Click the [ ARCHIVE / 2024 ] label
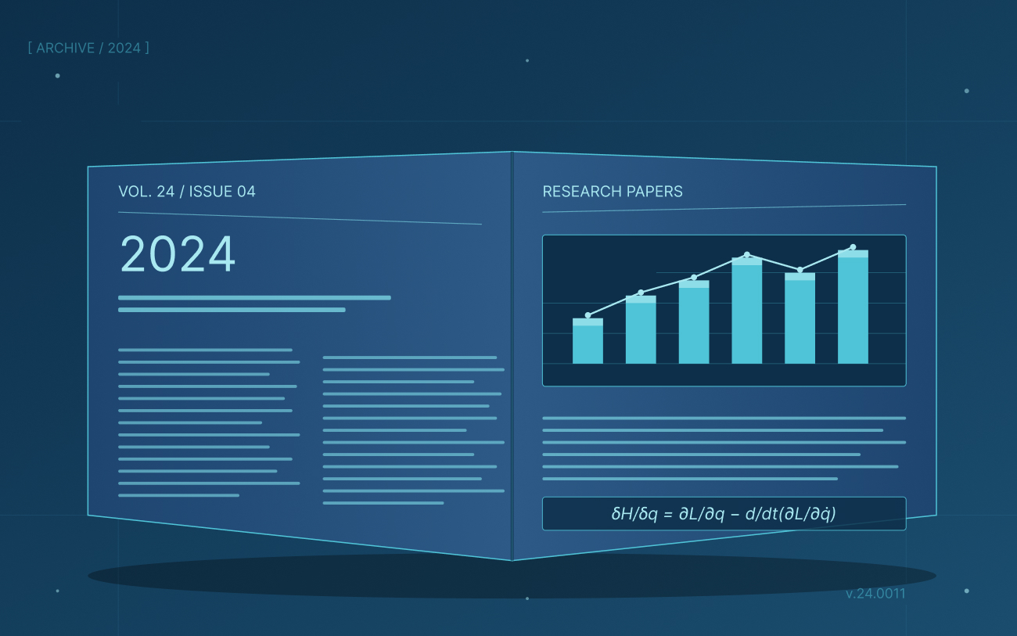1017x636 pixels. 88,48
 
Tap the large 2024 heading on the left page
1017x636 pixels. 178,253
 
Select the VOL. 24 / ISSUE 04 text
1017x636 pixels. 187,192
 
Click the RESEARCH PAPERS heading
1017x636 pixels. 613,192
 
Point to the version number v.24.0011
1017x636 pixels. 875,594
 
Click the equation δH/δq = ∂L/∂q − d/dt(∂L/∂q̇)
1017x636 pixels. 724,514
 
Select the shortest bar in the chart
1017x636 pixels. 588,341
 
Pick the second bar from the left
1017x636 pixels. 641,329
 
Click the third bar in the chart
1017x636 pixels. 694,322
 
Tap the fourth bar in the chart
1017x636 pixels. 747,311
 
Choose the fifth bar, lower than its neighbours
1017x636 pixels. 800,318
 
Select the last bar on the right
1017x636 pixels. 853,307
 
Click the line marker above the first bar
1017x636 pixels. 588,315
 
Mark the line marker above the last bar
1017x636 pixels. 853,247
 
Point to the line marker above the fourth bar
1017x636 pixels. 747,255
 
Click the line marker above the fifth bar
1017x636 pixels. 800,270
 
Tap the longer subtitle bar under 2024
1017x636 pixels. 254,298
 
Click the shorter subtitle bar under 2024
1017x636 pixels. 232,310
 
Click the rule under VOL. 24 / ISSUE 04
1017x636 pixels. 300,218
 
